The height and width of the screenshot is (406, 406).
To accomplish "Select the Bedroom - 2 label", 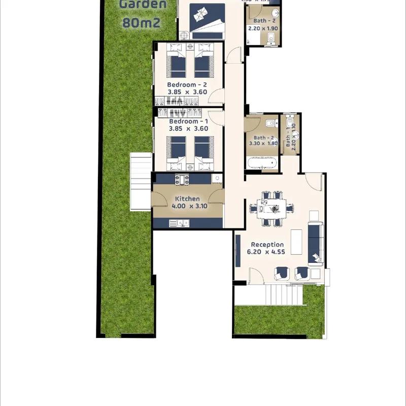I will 187,85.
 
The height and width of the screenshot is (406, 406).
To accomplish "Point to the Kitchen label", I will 187,199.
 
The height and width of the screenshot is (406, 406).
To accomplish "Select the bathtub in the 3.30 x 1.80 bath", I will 262,163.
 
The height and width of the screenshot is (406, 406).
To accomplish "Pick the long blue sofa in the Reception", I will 315,243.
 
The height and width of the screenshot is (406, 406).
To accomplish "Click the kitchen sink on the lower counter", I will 179,223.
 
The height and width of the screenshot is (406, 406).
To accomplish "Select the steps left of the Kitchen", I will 141,181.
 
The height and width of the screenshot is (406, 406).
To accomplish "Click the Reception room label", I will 267,245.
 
